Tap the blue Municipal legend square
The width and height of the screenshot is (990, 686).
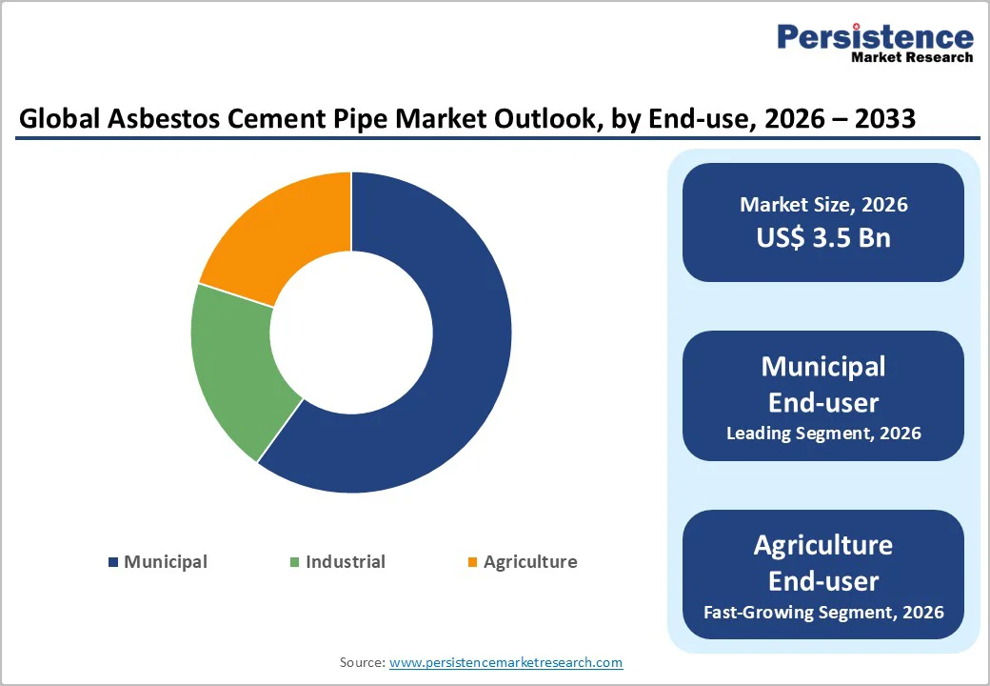tap(114, 562)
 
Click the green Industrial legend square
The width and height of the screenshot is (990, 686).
tap(295, 562)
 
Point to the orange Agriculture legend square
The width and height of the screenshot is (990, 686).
tap(472, 562)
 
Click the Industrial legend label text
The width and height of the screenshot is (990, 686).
tap(345, 562)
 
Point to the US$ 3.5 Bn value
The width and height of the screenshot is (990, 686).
tap(823, 237)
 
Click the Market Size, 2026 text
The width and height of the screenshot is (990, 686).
tap(823, 204)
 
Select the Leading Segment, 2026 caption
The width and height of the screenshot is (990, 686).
tap(823, 433)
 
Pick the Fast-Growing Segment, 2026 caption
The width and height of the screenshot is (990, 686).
tap(823, 612)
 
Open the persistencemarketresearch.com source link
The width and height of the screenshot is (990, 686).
tap(505, 662)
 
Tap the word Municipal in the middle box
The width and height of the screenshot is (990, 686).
tap(823, 367)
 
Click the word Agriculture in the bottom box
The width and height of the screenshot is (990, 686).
tap(823, 545)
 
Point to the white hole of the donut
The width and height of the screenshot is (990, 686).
tap(351, 333)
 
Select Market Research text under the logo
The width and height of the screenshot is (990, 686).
tap(912, 57)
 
